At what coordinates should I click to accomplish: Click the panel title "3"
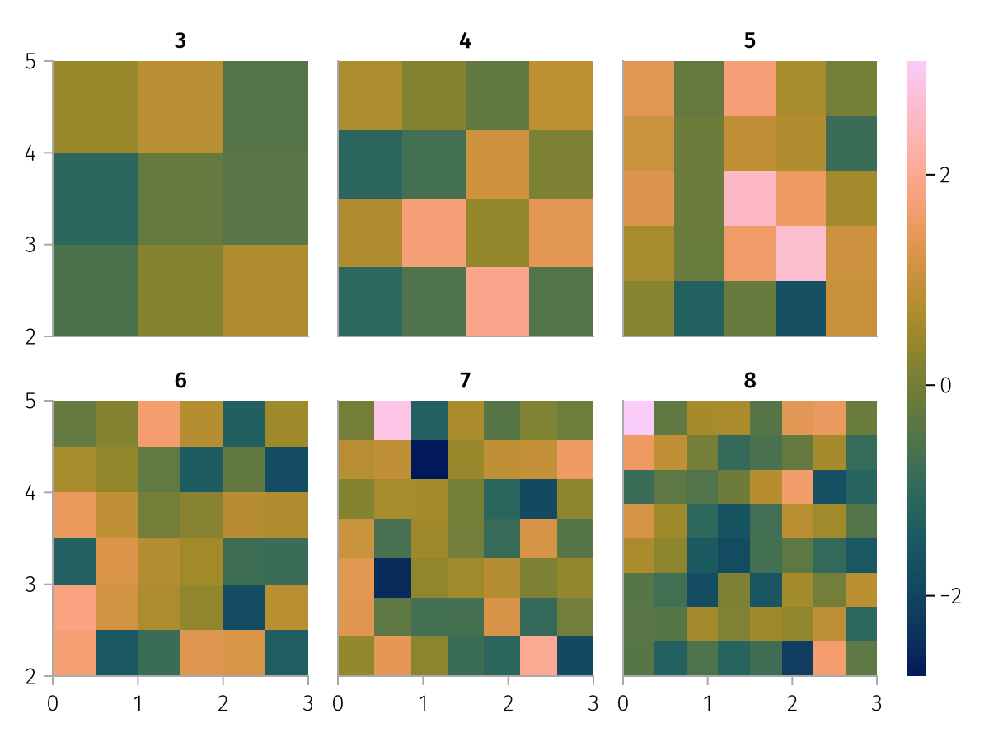pyautogui.click(x=180, y=40)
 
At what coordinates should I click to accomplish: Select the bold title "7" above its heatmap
pyautogui.click(x=466, y=381)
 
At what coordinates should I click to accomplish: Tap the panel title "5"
pyautogui.click(x=749, y=40)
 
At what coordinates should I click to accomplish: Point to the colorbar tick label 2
pyautogui.click(x=944, y=176)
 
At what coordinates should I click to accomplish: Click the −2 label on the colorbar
pyautogui.click(x=949, y=596)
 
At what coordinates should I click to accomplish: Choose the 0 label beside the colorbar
pyautogui.click(x=944, y=385)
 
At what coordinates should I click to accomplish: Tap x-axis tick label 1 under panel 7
pyautogui.click(x=423, y=705)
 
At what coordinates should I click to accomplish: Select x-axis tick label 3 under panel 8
pyautogui.click(x=877, y=705)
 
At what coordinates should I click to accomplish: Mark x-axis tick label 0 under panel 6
pyautogui.click(x=53, y=705)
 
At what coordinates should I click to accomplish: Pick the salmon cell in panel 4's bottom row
pyautogui.click(x=497, y=302)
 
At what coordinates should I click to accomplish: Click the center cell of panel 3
pyautogui.click(x=180, y=199)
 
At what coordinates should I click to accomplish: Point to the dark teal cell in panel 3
pyautogui.click(x=96, y=199)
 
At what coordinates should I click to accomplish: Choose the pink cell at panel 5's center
pyautogui.click(x=750, y=199)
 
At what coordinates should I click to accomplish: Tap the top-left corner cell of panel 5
pyautogui.click(x=649, y=88)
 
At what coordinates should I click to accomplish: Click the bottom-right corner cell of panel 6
pyautogui.click(x=287, y=653)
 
